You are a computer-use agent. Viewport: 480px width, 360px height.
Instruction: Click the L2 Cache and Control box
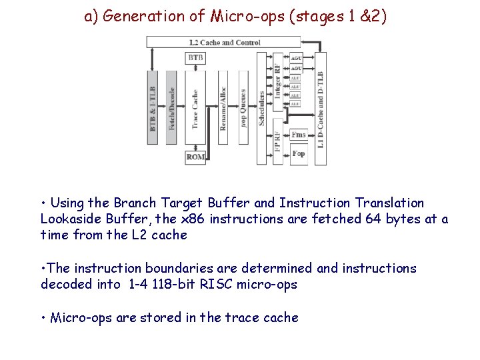tap(224, 42)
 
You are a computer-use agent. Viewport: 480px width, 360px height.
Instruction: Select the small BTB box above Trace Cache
tap(195, 58)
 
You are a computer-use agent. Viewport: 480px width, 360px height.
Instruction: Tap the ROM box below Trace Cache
tap(195, 157)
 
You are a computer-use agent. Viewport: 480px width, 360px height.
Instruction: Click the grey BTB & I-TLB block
tap(153, 107)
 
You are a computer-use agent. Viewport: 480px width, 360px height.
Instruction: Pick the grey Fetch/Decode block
tap(171, 107)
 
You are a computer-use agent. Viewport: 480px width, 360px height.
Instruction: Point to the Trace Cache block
tap(195, 107)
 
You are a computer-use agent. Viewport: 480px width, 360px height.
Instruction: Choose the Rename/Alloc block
tap(223, 107)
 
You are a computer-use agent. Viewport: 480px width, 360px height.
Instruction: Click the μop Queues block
tap(243, 107)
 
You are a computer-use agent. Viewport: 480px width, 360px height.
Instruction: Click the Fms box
tap(299, 134)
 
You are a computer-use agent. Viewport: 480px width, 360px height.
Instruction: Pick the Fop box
tap(299, 153)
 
